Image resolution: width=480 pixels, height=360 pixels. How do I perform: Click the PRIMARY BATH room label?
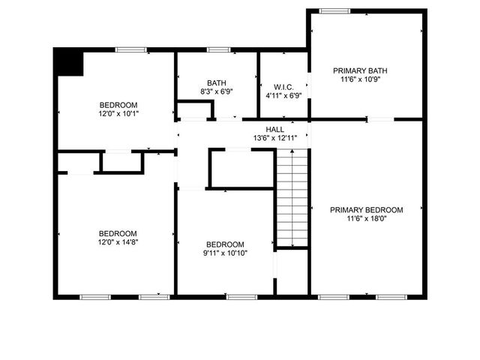pos(367,70)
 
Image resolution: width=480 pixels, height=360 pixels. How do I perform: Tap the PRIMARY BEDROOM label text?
pos(367,210)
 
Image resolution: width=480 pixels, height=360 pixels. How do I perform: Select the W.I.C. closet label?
pos(283,86)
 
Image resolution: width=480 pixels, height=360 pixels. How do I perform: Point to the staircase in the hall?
pos(292,196)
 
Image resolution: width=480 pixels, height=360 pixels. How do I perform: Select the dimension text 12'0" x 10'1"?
pos(118,114)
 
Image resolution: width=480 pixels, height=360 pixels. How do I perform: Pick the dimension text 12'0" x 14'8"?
pos(118,241)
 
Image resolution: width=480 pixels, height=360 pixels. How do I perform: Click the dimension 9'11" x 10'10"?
pos(225,253)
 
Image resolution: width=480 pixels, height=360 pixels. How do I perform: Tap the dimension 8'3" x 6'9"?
pos(217,91)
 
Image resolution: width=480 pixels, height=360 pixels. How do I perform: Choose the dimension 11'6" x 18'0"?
pos(367,219)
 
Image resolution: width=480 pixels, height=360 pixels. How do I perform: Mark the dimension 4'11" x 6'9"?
pos(283,95)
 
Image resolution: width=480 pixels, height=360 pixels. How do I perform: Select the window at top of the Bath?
pos(218,50)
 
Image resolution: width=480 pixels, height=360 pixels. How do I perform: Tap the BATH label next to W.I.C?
pos(217,82)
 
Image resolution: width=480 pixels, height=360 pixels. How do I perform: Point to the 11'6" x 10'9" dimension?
pos(367,79)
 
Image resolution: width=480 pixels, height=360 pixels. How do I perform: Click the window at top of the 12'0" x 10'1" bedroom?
pos(130,50)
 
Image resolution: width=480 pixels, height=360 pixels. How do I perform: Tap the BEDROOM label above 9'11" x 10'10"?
pos(225,244)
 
